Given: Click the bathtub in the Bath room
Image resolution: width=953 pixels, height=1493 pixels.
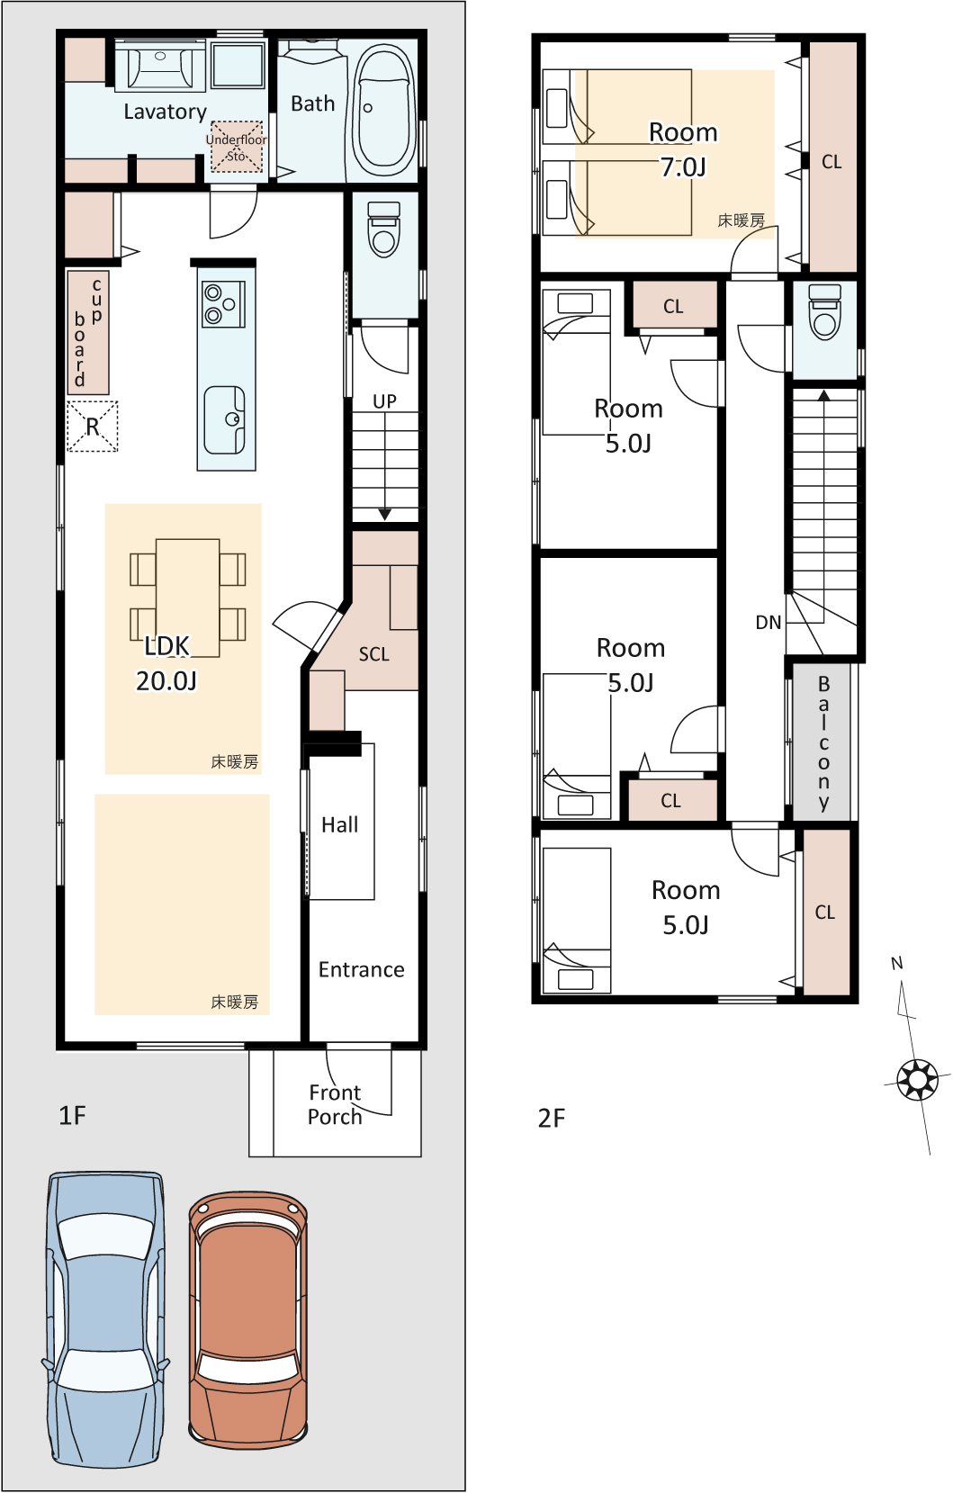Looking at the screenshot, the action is [x=383, y=110].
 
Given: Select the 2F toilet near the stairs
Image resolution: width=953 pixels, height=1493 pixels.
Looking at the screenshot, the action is [x=824, y=311].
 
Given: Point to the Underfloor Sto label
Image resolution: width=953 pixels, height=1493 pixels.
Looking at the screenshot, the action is [x=236, y=148].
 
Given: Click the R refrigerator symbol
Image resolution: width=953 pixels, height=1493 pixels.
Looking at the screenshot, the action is [x=93, y=427].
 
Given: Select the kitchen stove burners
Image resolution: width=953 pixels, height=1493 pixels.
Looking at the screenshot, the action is [x=223, y=304].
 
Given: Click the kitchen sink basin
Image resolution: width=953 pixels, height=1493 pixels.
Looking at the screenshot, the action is [x=225, y=420].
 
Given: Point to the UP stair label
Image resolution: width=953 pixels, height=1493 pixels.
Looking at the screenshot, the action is [x=384, y=401].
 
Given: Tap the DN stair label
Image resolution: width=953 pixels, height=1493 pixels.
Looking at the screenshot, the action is [x=768, y=623].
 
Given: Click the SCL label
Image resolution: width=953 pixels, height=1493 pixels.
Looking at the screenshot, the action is [x=373, y=654].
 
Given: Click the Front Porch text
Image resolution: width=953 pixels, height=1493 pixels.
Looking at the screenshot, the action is [x=336, y=1104].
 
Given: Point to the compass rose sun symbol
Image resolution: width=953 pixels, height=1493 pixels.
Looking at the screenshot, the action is [x=918, y=1079].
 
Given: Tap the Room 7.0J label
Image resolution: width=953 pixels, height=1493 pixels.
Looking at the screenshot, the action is [x=684, y=149].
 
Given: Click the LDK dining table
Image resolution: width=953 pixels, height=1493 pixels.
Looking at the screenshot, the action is [x=188, y=598].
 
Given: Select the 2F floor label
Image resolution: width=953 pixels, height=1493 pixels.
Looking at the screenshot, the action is [x=551, y=1118].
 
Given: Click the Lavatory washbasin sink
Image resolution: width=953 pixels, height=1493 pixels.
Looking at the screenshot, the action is [x=160, y=64].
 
